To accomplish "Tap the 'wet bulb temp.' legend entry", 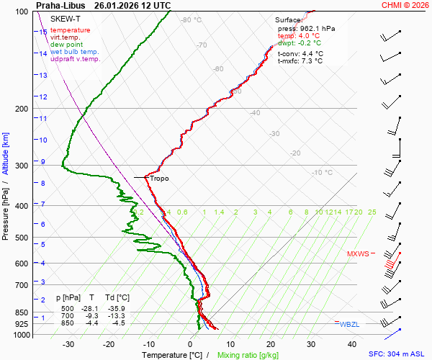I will click(x=74, y=52).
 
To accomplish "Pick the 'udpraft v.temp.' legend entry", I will click(x=75, y=59).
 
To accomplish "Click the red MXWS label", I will click(x=358, y=253).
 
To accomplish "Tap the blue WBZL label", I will click(x=349, y=325).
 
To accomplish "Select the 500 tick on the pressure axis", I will click(x=21, y=238).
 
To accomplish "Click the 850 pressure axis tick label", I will click(x=21, y=313).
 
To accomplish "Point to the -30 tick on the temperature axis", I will click(x=68, y=344).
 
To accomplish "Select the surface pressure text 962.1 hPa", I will click(x=316, y=28).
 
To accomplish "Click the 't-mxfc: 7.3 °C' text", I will click(x=300, y=60).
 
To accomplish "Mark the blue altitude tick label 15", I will click(x=43, y=32).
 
